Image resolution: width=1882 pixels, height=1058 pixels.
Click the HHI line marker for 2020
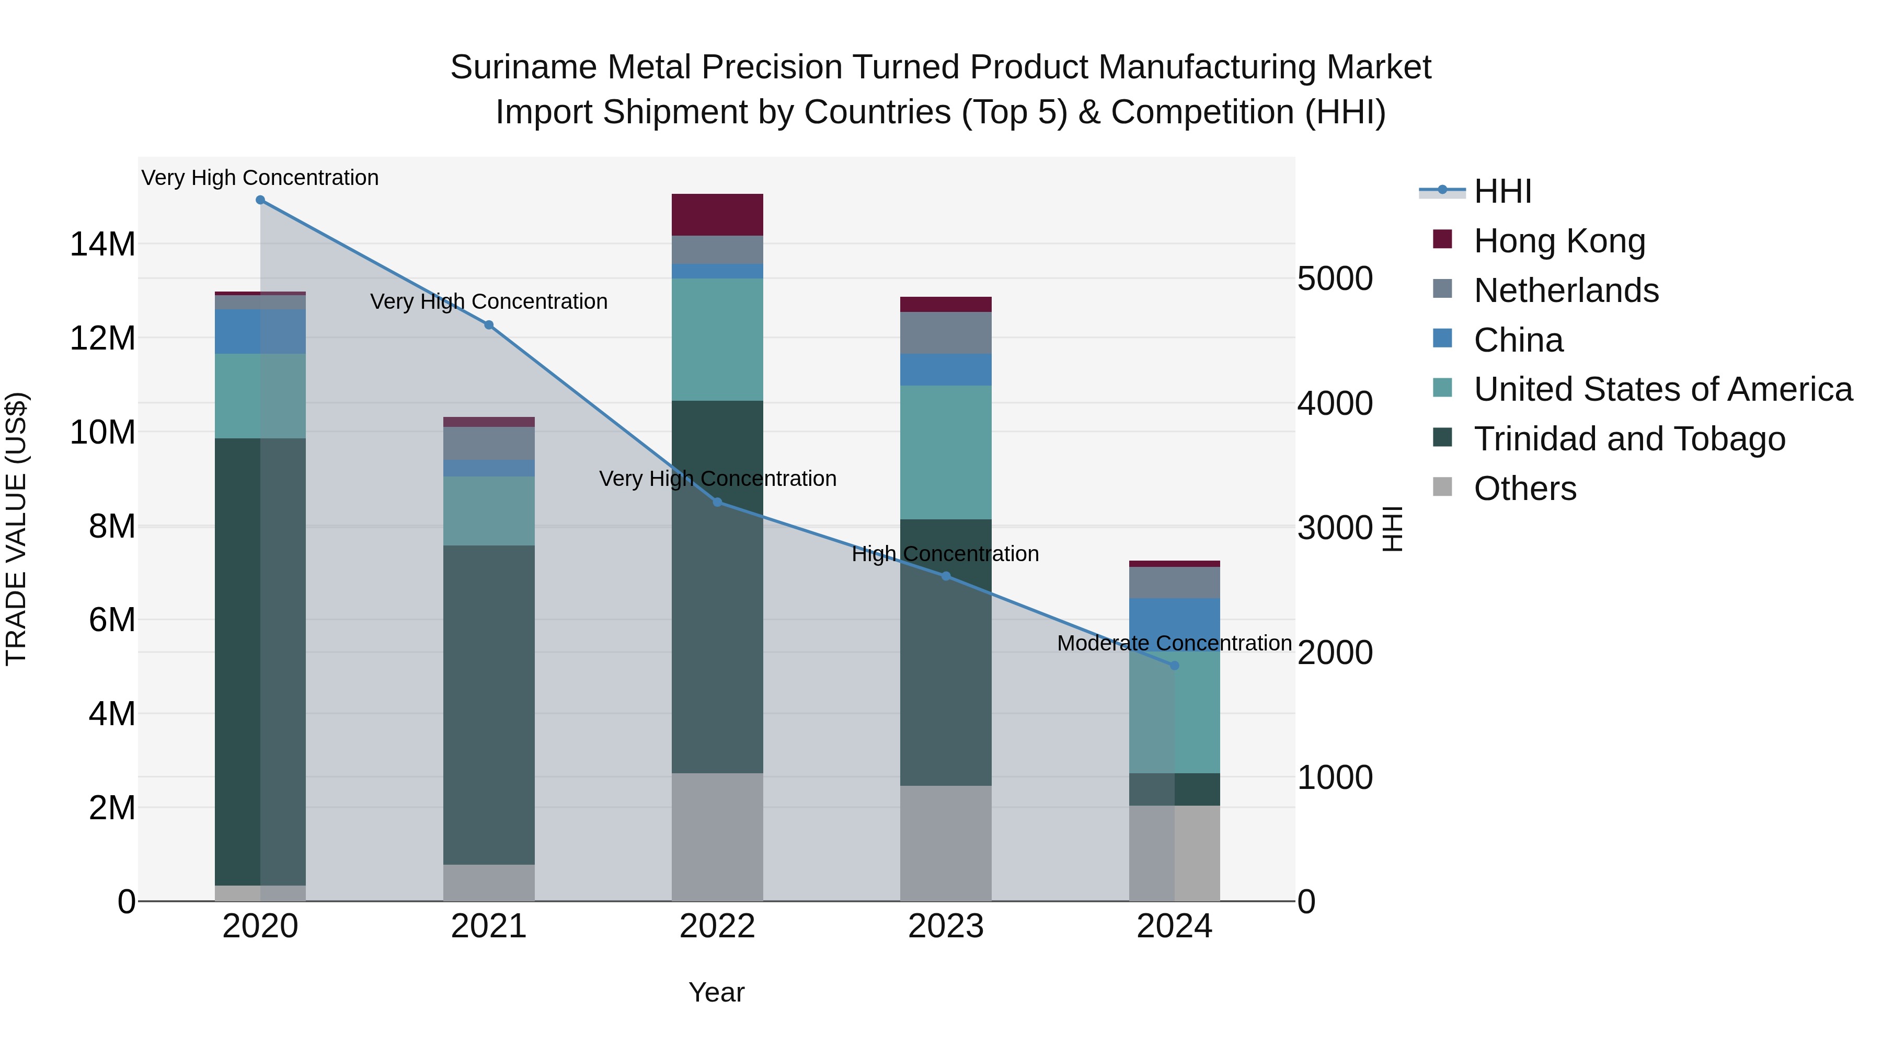[x=260, y=200]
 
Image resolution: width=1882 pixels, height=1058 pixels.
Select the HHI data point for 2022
[x=717, y=502]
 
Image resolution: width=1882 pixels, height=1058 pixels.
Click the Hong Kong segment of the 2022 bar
[x=717, y=215]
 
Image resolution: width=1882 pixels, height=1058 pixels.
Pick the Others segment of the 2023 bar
[x=945, y=843]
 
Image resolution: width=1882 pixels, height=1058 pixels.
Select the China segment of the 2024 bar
[x=1175, y=621]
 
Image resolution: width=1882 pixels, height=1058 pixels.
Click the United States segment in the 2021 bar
[x=489, y=511]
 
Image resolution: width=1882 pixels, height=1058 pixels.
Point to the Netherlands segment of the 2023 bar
[x=945, y=333]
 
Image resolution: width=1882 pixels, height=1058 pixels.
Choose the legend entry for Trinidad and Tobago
[x=1629, y=439]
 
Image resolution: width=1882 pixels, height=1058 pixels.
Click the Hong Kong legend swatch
[x=1442, y=239]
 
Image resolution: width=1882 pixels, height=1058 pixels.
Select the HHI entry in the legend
[x=1502, y=191]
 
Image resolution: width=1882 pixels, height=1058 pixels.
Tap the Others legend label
[x=1525, y=489]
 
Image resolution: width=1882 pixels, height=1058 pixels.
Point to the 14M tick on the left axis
[x=102, y=244]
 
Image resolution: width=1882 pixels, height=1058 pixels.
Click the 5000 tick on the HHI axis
[x=1335, y=279]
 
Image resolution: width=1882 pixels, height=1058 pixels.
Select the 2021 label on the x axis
[x=489, y=926]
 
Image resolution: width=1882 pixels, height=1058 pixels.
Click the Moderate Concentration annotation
[x=1174, y=643]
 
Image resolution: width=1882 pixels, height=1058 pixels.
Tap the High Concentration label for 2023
[x=945, y=554]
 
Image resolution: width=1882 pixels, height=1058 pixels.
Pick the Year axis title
[x=716, y=992]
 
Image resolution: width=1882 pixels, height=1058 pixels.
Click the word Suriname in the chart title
[x=523, y=67]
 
